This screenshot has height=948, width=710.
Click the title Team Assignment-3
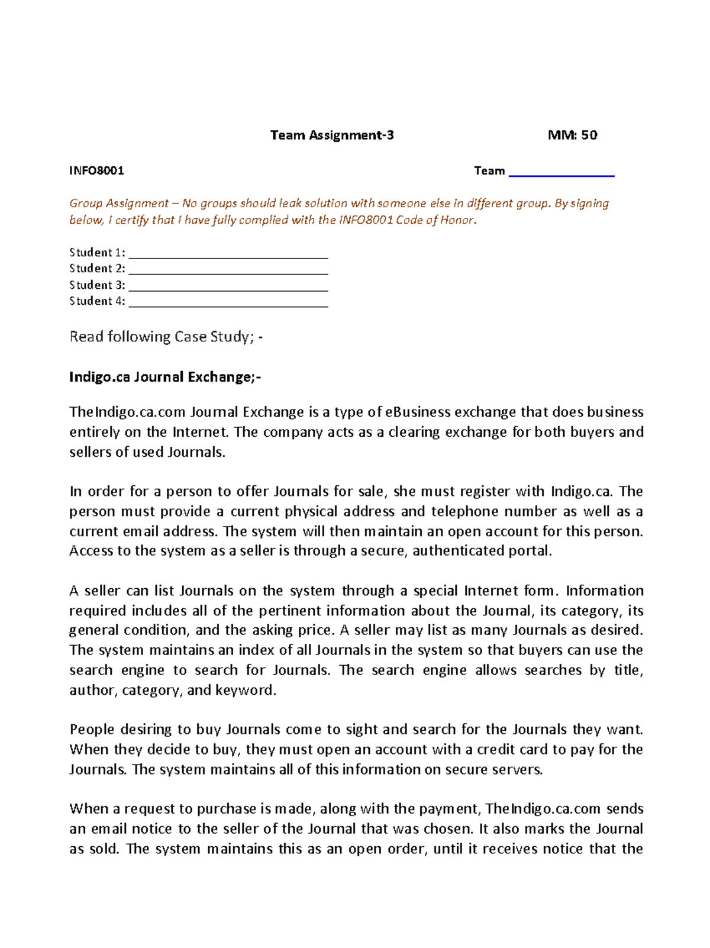[331, 136]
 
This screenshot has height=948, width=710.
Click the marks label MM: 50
[572, 136]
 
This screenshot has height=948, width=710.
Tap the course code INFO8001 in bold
[96, 171]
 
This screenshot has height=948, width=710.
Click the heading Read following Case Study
[166, 337]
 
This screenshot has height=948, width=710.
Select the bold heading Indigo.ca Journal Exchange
[164, 377]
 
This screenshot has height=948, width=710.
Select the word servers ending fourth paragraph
[518, 769]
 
